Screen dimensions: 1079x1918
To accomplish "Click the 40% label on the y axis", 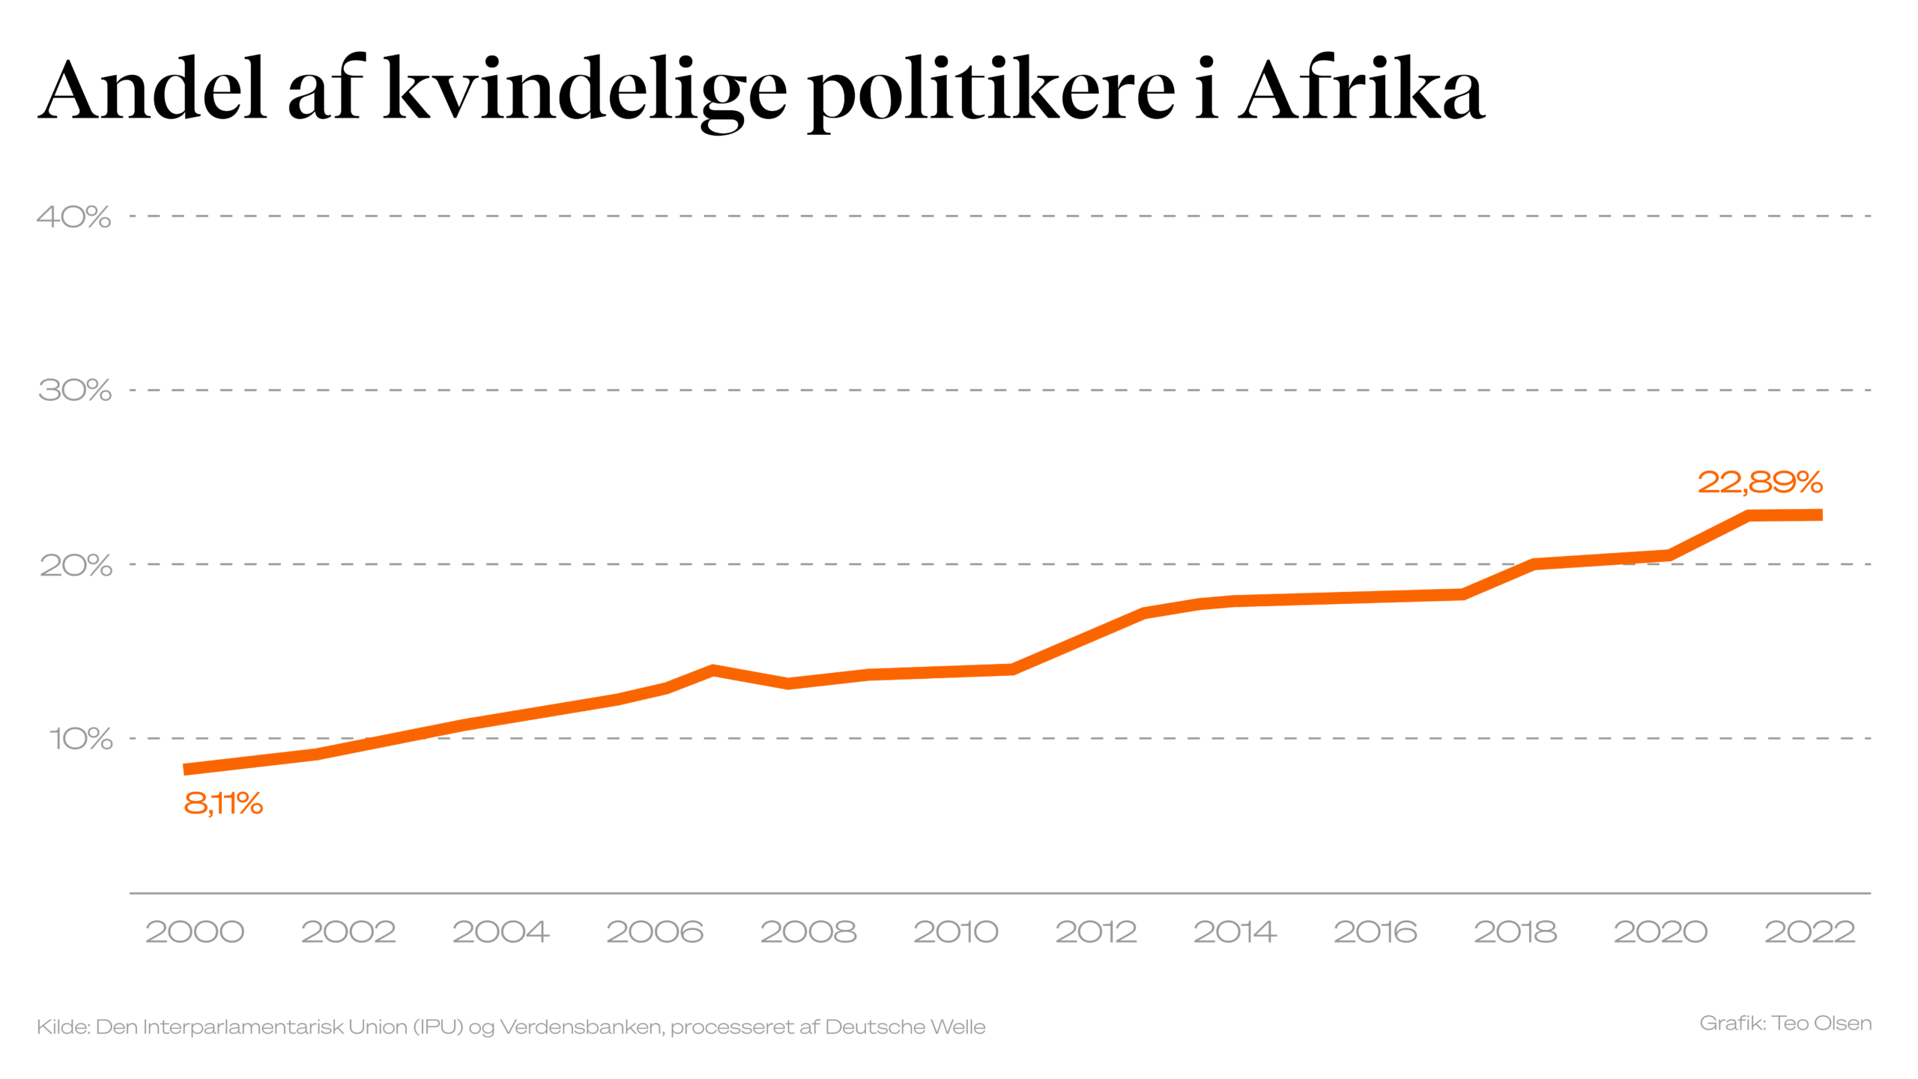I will point(73,217).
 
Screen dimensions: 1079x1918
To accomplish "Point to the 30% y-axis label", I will point(74,390).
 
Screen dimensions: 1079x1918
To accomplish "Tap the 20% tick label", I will point(75,565).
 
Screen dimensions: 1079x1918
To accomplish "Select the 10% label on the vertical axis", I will point(80,739).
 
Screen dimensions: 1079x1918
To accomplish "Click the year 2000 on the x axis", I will point(195,932).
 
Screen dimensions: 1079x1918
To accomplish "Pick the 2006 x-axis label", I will point(655,932).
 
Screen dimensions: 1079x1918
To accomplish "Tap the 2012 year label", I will point(1096,932).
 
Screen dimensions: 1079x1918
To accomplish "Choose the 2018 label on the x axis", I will point(1515,932).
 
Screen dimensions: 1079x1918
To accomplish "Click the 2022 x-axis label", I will point(1809,932).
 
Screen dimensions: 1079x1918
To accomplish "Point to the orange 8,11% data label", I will point(223,804).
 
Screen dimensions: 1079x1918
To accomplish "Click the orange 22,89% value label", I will point(1760,483).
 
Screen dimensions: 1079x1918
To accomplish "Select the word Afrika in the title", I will point(1361,90).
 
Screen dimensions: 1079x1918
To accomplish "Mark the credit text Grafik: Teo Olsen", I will point(1785,1024).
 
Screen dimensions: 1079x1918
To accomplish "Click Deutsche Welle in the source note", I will point(905,1027).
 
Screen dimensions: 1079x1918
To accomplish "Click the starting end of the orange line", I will point(186,770).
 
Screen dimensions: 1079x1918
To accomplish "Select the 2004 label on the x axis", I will point(500,932).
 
